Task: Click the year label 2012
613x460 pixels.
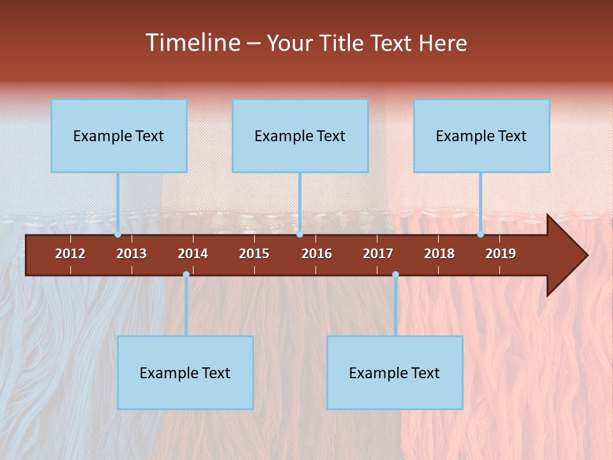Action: [70, 254]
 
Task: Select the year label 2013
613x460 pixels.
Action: [132, 254]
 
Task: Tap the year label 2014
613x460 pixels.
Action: [193, 254]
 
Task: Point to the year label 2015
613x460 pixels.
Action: [254, 254]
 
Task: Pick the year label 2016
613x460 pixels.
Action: [317, 254]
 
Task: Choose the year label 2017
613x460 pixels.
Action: [378, 254]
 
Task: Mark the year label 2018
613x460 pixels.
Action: [439, 254]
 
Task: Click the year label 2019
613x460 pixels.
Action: [501, 254]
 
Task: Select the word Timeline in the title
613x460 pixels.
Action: [192, 43]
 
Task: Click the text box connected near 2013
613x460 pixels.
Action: [119, 135]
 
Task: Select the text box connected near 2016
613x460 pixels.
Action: [300, 135]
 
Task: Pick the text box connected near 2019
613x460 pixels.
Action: [481, 135]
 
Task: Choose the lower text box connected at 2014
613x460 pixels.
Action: [185, 372]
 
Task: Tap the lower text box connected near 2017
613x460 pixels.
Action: [395, 372]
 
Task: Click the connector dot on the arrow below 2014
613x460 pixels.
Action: [186, 275]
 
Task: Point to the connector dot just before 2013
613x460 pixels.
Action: [118, 234]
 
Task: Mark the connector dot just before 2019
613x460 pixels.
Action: [480, 234]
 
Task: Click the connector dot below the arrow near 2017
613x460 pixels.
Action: [395, 275]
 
